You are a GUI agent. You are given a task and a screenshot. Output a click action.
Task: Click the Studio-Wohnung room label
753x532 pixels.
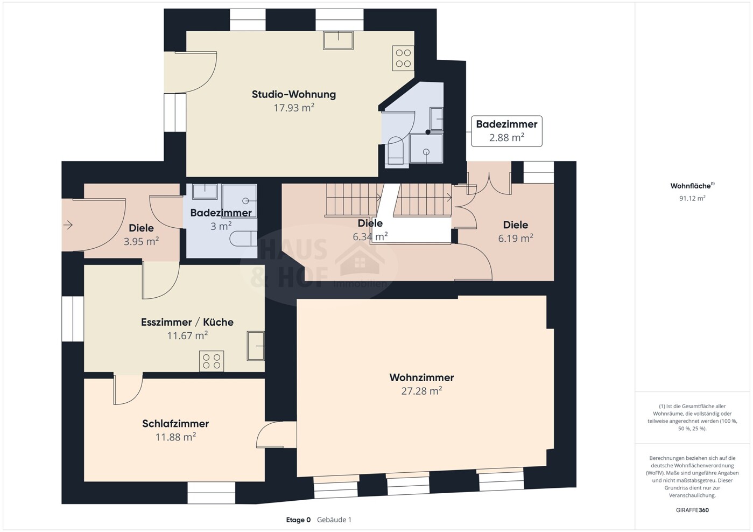click(x=294, y=94)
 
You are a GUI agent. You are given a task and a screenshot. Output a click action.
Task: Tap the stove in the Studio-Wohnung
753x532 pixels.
click(x=403, y=58)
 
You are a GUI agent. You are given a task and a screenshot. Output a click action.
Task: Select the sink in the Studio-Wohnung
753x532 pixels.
click(x=338, y=40)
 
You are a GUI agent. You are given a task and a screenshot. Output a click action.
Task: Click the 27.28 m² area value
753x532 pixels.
click(x=421, y=391)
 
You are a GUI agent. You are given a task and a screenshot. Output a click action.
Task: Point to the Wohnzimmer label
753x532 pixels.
click(x=421, y=377)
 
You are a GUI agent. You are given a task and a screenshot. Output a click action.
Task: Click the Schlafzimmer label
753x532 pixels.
click(x=175, y=423)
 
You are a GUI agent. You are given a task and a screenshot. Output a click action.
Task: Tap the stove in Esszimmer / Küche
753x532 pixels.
click(x=212, y=361)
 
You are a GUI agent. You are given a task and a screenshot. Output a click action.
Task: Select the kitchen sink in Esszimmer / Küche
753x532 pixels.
click(x=256, y=346)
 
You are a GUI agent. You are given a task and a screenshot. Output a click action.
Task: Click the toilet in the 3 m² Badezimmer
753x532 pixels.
click(x=243, y=239)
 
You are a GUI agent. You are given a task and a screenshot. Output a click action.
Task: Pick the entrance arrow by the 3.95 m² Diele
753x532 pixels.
click(x=68, y=225)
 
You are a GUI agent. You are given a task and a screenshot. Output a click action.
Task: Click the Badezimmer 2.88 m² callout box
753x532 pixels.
click(x=506, y=131)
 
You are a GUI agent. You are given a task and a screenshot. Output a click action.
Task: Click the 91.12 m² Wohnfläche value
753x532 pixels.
click(x=692, y=198)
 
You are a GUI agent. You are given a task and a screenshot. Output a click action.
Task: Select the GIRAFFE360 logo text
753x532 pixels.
click(x=692, y=510)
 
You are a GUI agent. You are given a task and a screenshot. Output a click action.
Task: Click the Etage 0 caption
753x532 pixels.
click(x=298, y=520)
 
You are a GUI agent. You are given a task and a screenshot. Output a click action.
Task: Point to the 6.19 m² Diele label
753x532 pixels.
click(x=515, y=225)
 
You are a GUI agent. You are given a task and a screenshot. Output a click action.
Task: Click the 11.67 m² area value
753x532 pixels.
click(x=187, y=335)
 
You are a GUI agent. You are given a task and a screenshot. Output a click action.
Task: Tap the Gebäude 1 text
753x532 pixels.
click(x=334, y=520)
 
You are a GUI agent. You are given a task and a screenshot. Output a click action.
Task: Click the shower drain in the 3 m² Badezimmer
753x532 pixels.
click(x=245, y=201)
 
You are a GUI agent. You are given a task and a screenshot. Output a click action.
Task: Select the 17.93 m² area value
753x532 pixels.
click(x=294, y=108)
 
